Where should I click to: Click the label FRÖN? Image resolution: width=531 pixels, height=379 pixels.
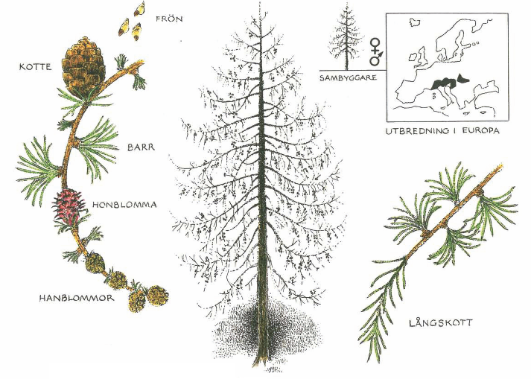(x=169, y=19)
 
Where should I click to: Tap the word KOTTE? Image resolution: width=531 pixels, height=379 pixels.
(x=35, y=67)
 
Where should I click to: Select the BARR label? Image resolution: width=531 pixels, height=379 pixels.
(x=141, y=147)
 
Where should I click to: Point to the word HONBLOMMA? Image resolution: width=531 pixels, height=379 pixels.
(x=124, y=205)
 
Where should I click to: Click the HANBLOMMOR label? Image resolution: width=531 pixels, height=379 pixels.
(x=77, y=298)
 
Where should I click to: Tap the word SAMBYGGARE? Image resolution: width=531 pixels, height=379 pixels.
(x=348, y=77)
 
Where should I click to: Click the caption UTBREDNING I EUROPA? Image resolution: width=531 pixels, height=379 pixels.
(x=442, y=131)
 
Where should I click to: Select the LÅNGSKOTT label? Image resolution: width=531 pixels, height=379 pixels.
(x=440, y=322)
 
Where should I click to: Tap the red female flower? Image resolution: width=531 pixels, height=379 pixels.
(x=69, y=206)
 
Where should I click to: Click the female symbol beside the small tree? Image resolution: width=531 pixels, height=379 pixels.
(x=375, y=46)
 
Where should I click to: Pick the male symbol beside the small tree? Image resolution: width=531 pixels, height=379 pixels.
(x=376, y=58)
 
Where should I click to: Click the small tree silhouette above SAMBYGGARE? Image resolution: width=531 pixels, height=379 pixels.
(x=346, y=36)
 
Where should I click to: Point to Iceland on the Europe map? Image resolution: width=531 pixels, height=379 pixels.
(x=414, y=22)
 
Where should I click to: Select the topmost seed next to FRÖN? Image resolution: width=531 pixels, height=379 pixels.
(x=139, y=8)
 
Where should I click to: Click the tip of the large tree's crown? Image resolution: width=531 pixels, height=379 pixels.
(x=260, y=4)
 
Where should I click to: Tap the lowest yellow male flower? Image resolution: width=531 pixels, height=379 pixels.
(x=137, y=302)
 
